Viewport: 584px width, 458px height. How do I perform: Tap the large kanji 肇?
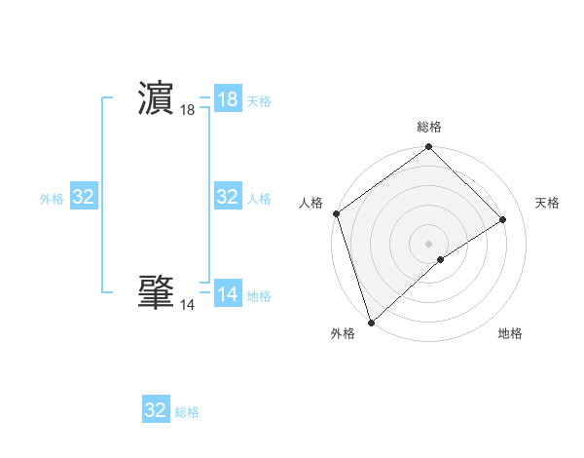coord(157,291)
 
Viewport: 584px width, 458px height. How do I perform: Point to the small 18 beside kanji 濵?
coord(187,111)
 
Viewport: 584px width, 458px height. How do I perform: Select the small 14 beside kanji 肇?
coord(187,305)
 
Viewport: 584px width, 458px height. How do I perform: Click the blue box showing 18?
coord(228,99)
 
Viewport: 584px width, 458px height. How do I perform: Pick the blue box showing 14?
coord(228,293)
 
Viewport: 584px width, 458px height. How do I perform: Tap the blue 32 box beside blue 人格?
coord(228,197)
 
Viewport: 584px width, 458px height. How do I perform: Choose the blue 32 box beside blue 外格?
coord(84,197)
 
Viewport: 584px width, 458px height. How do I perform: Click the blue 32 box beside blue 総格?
coord(156,410)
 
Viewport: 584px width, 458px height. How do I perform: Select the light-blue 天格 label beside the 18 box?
coord(259,101)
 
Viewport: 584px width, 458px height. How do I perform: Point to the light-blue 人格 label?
coord(259,199)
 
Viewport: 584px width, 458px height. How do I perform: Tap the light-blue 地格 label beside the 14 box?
coord(259,296)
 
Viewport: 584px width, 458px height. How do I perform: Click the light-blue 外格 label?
coord(52,199)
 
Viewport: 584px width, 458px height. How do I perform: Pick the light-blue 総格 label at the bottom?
coord(187,412)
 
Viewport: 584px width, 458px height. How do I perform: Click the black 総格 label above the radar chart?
coord(429,127)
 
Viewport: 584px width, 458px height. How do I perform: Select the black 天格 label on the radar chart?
coord(548,203)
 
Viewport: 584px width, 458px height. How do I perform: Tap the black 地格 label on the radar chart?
coord(510,333)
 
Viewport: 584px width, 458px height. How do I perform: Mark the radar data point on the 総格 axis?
coord(429,148)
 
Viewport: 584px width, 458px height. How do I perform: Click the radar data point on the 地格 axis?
coord(441,259)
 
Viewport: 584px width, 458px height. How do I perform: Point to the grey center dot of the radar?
coord(429,243)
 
